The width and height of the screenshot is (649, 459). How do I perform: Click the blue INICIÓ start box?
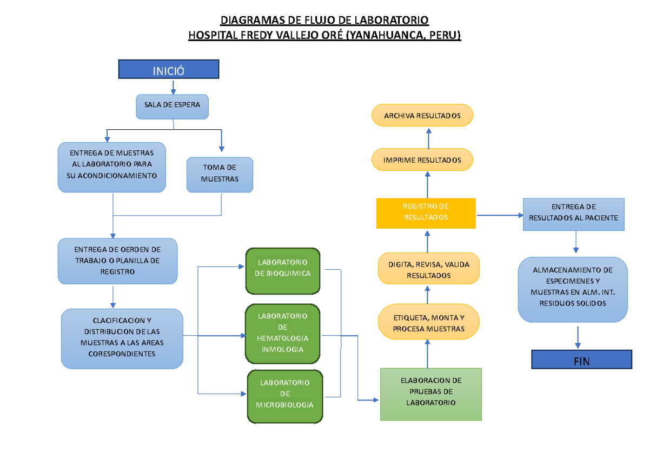(168, 70)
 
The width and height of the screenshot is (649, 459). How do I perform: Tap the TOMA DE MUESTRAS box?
(220, 174)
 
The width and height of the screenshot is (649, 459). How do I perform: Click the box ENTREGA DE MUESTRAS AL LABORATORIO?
(112, 167)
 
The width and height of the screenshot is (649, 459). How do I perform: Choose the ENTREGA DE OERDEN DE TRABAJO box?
(117, 261)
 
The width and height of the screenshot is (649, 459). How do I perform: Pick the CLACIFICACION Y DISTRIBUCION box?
(122, 338)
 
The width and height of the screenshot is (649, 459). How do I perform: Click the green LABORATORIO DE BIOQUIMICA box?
(283, 270)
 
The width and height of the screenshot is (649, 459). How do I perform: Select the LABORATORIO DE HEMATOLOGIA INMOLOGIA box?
(283, 333)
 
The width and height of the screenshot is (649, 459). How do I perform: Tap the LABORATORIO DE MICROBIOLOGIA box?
(284, 396)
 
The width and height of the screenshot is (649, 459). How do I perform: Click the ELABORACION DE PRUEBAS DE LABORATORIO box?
(431, 393)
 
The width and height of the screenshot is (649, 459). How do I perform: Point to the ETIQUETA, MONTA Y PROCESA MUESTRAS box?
(428, 323)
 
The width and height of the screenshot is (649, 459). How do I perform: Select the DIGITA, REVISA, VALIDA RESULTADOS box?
(428, 269)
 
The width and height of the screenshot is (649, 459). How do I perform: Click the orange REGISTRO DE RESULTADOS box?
(426, 212)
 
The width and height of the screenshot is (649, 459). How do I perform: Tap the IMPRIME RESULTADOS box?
(422, 160)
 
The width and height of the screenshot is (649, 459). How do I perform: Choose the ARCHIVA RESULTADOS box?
(422, 116)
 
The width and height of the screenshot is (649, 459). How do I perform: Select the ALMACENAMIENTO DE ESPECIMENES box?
(573, 289)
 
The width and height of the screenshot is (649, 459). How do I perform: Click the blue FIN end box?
(581, 360)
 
